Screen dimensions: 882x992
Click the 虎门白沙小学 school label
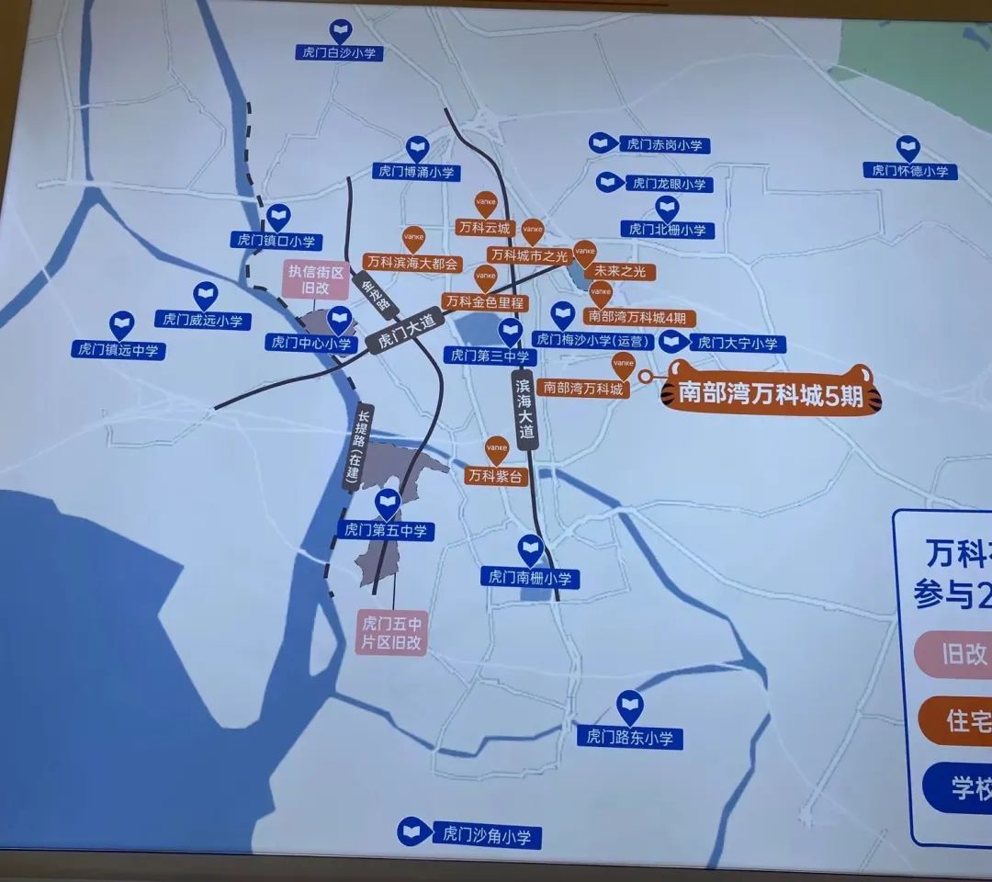[343, 53]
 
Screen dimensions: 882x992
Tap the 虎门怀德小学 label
[909, 171]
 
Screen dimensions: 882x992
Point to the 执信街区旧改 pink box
[315, 279]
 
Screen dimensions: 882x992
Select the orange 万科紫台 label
[496, 476]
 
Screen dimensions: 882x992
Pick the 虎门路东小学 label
[635, 737]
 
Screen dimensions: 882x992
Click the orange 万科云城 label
[483, 226]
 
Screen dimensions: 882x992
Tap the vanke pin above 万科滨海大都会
[414, 238]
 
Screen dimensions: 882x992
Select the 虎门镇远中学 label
[118, 350]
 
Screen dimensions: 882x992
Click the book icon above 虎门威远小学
[206, 296]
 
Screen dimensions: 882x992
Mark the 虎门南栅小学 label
[530, 578]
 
